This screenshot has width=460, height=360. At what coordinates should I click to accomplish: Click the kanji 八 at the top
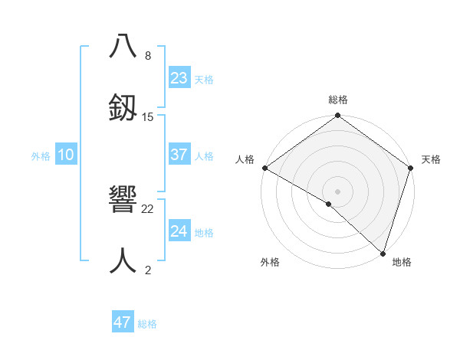coord(123,46)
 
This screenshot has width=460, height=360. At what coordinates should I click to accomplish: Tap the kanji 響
coord(123,201)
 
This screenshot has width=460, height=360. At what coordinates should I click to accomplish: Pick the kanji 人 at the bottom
coord(123,260)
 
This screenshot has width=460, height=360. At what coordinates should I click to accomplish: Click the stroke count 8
coord(148,56)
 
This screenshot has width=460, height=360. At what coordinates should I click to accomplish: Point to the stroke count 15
coord(148,117)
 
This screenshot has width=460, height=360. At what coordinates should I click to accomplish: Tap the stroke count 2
coord(148,270)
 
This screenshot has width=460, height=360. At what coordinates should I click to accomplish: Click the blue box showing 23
coord(179,78)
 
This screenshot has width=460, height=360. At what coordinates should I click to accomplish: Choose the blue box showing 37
coord(179,155)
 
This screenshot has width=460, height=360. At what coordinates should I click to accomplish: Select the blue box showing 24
coord(179,231)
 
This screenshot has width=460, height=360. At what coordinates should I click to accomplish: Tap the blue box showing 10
coord(66,155)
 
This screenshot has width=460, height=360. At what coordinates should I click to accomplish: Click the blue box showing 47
coord(123,322)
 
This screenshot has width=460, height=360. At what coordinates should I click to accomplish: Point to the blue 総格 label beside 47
coord(147,324)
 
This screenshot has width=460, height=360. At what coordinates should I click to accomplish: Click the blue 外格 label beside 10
coord(41,156)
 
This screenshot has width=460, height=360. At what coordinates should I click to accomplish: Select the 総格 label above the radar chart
coord(338,100)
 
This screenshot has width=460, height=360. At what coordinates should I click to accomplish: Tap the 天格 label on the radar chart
coord(431,159)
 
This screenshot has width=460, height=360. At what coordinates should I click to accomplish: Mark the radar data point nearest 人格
coord(264,168)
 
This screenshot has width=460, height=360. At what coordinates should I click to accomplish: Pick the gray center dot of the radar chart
coord(338,191)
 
